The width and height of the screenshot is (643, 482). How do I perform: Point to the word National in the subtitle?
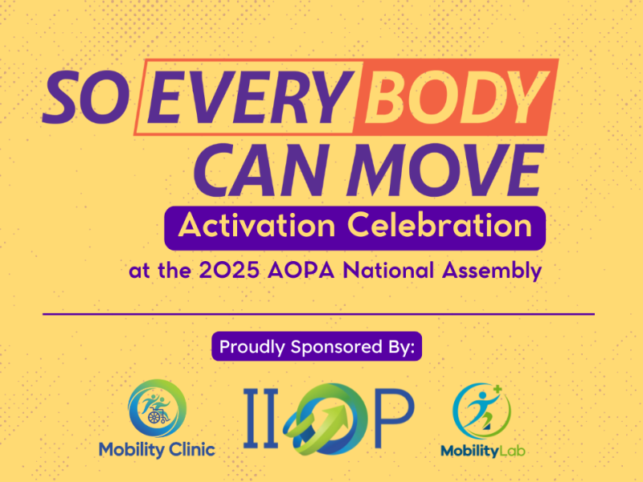pyautogui.click(x=393, y=271)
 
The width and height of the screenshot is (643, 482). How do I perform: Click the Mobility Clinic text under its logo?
pyautogui.click(x=157, y=449)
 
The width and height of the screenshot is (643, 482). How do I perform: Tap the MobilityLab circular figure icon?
pyautogui.click(x=481, y=411)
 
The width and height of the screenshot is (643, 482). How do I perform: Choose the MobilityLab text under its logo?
pyautogui.click(x=483, y=451)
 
